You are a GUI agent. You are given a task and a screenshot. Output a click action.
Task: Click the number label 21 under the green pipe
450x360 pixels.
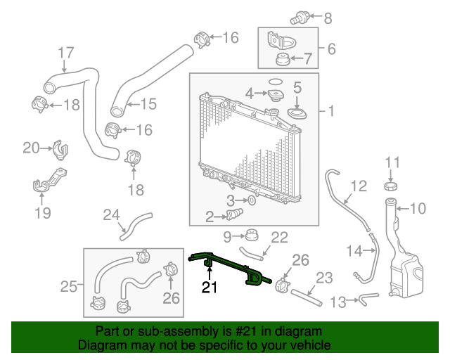tap(210, 287)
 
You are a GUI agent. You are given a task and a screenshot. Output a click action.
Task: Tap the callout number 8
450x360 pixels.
tap(328, 18)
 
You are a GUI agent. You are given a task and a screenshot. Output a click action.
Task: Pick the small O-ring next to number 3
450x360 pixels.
tap(252, 201)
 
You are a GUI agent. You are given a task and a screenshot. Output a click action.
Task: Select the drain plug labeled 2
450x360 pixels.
tap(235, 214)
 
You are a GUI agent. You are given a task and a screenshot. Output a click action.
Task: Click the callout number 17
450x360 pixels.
tap(65, 53)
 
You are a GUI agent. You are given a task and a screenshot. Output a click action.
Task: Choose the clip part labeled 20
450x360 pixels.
tap(60, 148)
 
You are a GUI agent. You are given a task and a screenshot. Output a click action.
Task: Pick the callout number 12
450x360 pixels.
tap(359, 186)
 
